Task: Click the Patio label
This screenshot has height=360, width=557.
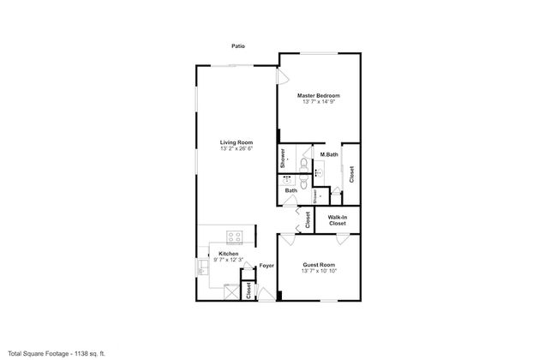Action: (x=238, y=45)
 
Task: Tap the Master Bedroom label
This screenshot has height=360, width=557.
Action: (x=318, y=94)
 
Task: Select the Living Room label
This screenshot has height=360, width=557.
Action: (x=236, y=141)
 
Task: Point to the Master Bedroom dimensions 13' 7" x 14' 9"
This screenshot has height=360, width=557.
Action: (x=318, y=101)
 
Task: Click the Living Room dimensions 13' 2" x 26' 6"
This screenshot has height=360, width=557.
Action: (x=236, y=148)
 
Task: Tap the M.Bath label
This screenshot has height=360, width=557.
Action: (x=328, y=154)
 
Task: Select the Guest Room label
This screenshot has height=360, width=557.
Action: (x=319, y=265)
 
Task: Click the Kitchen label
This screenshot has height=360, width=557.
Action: (x=228, y=254)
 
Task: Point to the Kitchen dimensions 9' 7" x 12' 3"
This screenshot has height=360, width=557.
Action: (x=228, y=260)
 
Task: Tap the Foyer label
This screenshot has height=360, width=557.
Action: (x=267, y=265)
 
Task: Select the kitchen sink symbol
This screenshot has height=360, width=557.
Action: (x=204, y=268)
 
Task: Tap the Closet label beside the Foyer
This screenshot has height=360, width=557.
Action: (x=249, y=289)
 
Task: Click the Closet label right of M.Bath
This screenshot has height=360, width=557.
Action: (x=351, y=173)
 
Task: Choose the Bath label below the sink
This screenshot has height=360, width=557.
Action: (x=291, y=190)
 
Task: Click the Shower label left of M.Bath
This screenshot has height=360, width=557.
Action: (x=282, y=158)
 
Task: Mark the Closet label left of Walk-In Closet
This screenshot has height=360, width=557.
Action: (x=308, y=219)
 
